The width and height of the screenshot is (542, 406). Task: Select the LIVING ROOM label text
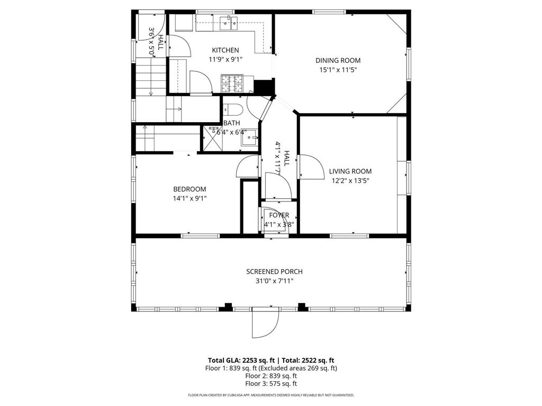[350, 171]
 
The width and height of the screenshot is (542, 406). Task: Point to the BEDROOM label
[189, 189]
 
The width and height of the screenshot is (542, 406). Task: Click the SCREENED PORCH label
[274, 272]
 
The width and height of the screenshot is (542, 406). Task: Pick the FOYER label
[279, 215]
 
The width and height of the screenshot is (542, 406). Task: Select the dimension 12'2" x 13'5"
[350, 181]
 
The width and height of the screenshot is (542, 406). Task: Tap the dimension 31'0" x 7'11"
[274, 281]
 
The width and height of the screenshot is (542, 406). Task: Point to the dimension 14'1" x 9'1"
[189, 199]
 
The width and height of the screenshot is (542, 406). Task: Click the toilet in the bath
[232, 110]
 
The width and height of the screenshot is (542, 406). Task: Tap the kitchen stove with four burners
[232, 83]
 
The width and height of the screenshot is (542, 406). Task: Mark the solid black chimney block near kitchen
[263, 87]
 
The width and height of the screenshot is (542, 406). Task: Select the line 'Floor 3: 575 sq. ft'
[271, 384]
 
